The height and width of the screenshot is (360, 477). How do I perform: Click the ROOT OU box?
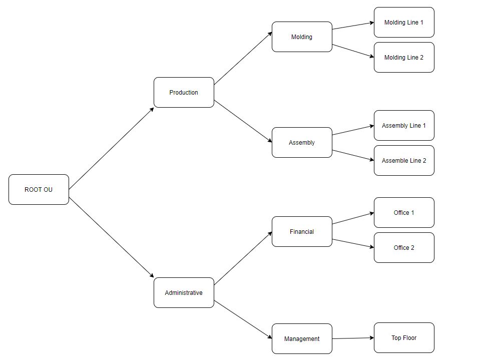[x=39, y=189]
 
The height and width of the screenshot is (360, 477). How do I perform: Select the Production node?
[x=184, y=92]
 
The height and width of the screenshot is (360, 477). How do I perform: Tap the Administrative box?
[x=184, y=292]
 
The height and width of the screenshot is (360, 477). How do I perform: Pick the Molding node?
[x=302, y=37]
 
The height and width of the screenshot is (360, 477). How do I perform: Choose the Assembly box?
[x=302, y=142]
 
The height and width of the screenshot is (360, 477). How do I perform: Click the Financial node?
[x=302, y=231]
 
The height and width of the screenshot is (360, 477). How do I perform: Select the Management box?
[x=302, y=338]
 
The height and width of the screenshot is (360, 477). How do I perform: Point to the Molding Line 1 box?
[x=404, y=22]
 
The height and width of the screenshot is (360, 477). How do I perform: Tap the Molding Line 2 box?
[x=404, y=57]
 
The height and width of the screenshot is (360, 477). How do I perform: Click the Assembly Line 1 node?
[x=404, y=125]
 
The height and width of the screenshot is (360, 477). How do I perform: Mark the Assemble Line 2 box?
[x=404, y=160]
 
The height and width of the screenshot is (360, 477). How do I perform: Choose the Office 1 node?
[x=404, y=212]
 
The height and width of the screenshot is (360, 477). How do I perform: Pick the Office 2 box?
[x=404, y=247]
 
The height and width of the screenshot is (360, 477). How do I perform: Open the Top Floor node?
[x=404, y=337]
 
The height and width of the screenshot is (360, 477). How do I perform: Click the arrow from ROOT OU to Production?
[x=111, y=148]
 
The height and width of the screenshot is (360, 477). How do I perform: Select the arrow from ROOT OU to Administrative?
[x=111, y=237]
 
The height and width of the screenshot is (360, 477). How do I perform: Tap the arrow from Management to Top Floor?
[x=353, y=338]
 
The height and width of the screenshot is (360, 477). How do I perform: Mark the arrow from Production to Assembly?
[x=243, y=122]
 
